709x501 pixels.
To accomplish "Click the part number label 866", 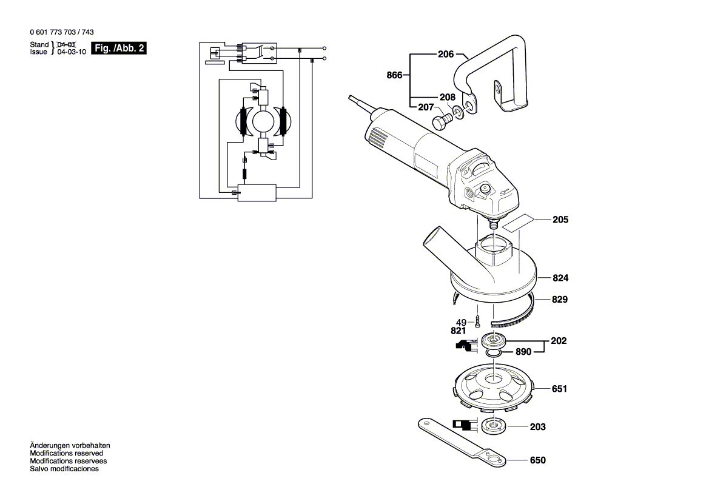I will pyautogui.click(x=394, y=76).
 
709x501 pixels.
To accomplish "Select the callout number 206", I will pyautogui.click(x=446, y=54).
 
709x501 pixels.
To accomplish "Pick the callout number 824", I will pyautogui.click(x=560, y=278).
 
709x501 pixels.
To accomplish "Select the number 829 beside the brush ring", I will pyautogui.click(x=560, y=300).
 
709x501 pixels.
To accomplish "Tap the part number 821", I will pyautogui.click(x=458, y=331).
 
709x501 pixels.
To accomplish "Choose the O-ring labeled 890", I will pyautogui.click(x=494, y=352).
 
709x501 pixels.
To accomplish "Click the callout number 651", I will pyautogui.click(x=560, y=389).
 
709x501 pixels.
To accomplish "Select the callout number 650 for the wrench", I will pyautogui.click(x=537, y=460).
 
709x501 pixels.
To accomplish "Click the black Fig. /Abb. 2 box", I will pyautogui.click(x=118, y=48).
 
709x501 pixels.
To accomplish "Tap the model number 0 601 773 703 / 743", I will pyautogui.click(x=61, y=32).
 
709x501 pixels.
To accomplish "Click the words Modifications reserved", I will pyautogui.click(x=67, y=453).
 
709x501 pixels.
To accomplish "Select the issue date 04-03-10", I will pyautogui.click(x=71, y=52).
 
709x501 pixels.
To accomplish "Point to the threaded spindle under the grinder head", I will pyautogui.click(x=494, y=222).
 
